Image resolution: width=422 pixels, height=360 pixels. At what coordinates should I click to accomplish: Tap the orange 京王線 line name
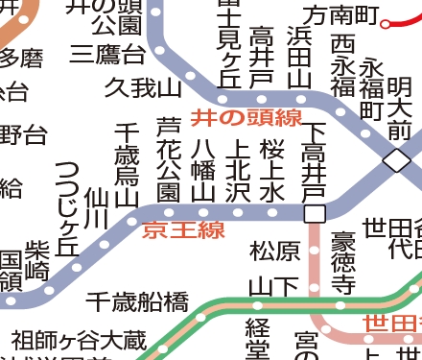click(183, 229)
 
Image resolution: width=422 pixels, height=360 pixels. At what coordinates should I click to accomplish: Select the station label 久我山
click(143, 88)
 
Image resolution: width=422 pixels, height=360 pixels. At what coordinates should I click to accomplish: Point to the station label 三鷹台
click(107, 53)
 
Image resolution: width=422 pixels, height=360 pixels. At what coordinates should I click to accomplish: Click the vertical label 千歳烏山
click(126, 165)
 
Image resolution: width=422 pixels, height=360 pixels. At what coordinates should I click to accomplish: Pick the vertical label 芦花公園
click(169, 159)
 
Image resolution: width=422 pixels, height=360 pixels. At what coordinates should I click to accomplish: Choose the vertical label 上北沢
click(237, 170)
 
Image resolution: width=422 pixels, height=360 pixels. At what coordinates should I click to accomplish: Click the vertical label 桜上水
click(272, 170)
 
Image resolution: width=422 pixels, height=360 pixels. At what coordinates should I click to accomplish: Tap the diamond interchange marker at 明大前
click(395, 160)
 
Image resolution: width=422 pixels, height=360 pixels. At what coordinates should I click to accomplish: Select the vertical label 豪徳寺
click(343, 262)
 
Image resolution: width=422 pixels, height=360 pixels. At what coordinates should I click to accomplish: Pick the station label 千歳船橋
click(137, 302)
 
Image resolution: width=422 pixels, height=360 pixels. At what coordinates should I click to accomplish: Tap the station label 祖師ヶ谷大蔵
click(79, 340)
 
